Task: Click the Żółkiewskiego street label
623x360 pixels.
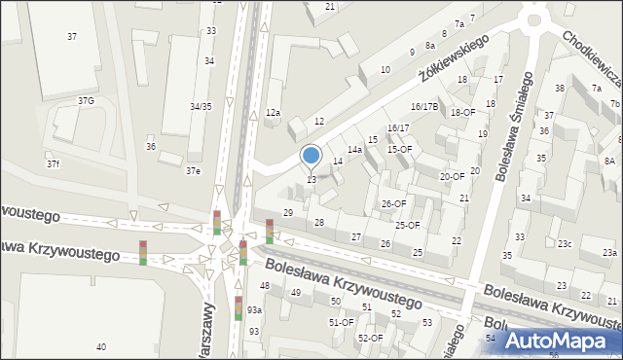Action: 452,58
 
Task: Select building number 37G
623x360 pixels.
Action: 86,101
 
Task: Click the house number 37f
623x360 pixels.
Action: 53,163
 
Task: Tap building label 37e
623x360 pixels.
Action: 194,171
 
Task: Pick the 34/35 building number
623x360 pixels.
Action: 201,106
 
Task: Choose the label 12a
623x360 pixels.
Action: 274,113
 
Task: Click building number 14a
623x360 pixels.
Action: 355,150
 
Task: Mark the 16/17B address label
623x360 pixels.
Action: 424,106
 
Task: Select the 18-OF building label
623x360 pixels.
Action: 462,113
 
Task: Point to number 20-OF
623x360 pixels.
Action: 452,177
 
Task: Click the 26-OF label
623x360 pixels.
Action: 393,203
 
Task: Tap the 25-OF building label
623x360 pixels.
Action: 407,226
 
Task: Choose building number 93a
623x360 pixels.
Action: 254,309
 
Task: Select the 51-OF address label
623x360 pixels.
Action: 341,322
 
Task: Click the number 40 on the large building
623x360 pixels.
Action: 101,347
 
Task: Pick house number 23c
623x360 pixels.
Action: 565,244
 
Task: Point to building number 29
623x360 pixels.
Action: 288,212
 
